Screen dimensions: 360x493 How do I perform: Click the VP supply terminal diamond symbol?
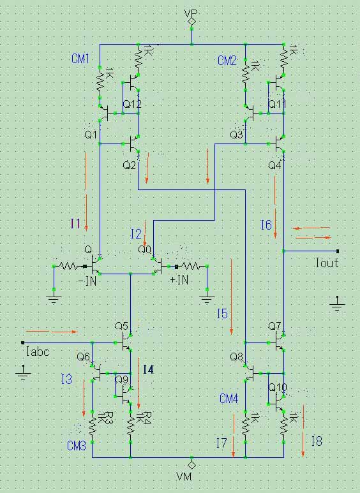[x=191, y=22]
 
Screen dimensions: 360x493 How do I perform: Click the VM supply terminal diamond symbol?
[x=191, y=464]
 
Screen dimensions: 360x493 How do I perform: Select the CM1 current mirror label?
[x=80, y=59]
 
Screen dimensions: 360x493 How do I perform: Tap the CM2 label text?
[x=227, y=61]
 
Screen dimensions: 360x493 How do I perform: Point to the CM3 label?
[x=77, y=446]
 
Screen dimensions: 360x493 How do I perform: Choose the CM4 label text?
[x=229, y=399]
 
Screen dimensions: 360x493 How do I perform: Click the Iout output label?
[x=327, y=263]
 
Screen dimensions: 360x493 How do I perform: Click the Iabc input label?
[x=38, y=351]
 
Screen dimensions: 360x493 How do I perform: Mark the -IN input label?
[x=87, y=281]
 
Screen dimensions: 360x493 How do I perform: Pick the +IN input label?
[x=179, y=279]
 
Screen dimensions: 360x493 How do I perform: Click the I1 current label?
[x=75, y=224]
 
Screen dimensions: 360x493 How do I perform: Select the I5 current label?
[x=222, y=314]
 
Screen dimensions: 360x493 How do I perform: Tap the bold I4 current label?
[x=148, y=369]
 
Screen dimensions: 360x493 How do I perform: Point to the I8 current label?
[x=317, y=441]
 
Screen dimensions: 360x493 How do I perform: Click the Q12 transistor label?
[x=132, y=104]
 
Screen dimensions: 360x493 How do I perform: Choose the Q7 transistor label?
[x=274, y=326]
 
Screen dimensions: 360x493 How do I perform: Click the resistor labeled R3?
[x=92, y=427]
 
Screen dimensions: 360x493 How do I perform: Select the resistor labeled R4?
[x=131, y=427]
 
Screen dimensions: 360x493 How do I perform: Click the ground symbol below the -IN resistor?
[x=54, y=299]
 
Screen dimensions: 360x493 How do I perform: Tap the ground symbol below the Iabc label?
[x=23, y=373]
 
